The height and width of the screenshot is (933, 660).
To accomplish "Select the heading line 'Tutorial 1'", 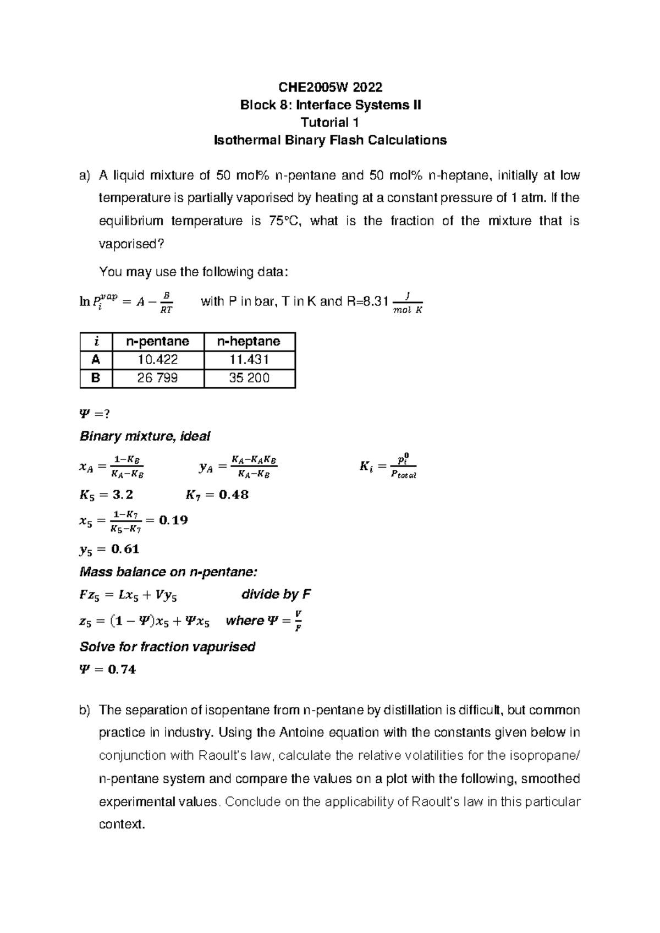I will (x=330, y=123).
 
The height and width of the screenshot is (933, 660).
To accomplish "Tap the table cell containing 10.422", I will (x=157, y=360).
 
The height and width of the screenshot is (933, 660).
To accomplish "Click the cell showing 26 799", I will (x=157, y=378).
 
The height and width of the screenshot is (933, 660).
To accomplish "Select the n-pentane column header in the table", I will (x=157, y=342).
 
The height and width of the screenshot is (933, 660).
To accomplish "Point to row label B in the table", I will (x=96, y=378).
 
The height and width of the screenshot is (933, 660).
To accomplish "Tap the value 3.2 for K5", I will (x=122, y=495).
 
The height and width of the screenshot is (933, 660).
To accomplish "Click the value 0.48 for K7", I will (x=233, y=495).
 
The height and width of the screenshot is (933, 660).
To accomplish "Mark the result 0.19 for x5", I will (x=173, y=520).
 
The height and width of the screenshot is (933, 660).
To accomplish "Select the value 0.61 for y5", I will (x=125, y=548).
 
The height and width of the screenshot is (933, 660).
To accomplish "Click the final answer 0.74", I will (x=122, y=669).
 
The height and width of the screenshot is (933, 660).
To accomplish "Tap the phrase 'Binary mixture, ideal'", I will (x=145, y=436).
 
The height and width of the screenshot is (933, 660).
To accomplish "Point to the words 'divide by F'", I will (x=277, y=595).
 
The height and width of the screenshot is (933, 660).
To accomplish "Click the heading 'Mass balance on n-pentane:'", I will (x=168, y=572).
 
